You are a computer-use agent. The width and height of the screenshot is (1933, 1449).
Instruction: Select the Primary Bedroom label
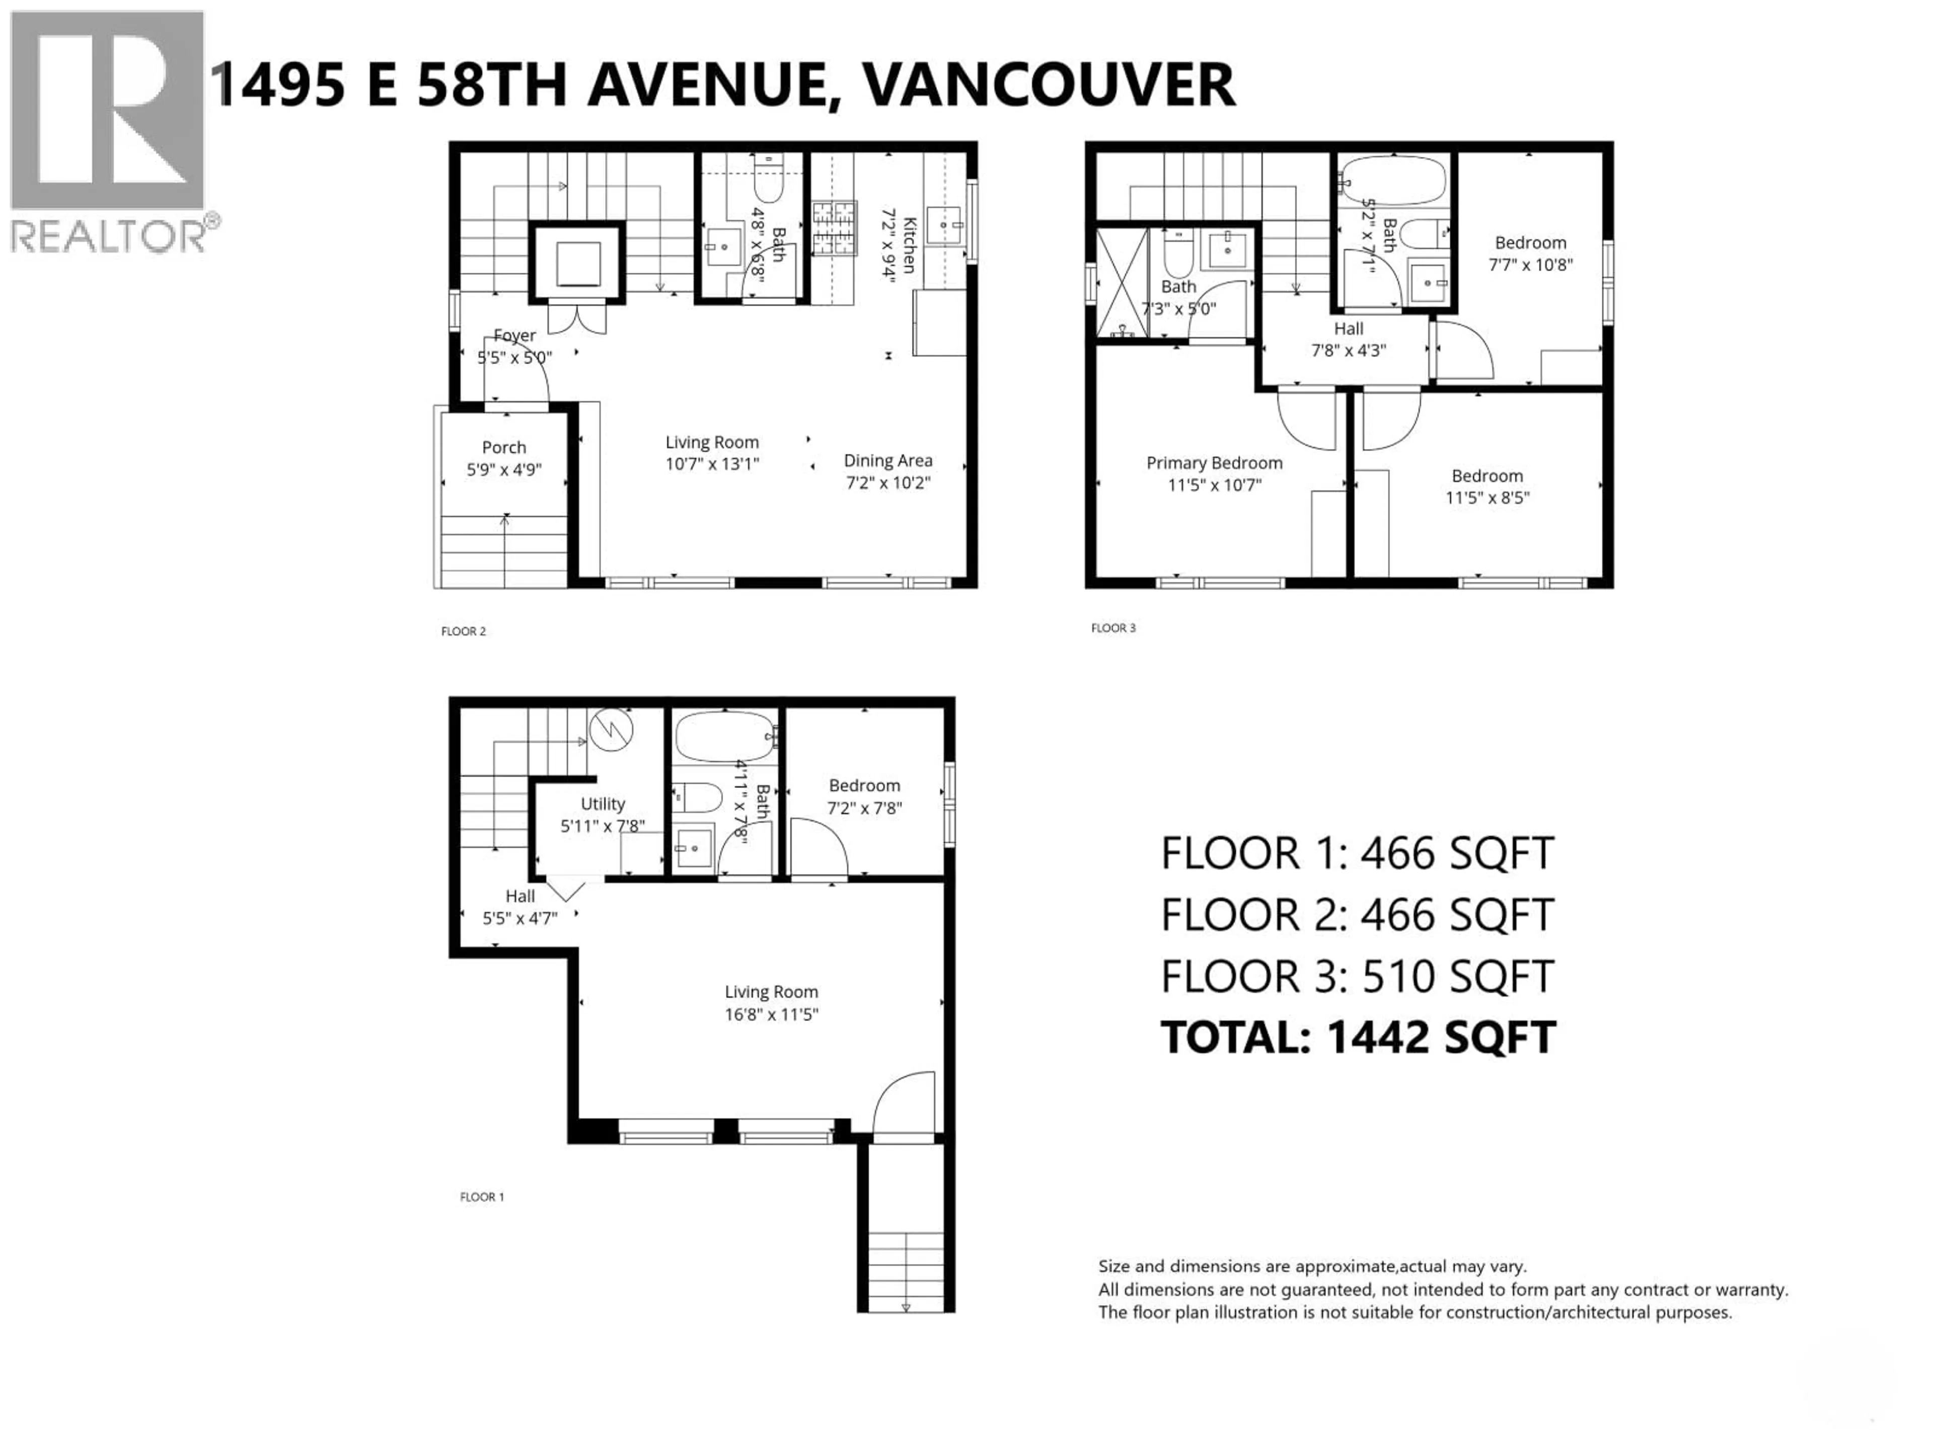tap(1214, 463)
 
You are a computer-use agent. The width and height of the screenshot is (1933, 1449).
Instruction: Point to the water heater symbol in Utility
tap(610, 730)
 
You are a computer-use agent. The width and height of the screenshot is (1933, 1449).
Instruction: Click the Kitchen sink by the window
tap(944, 225)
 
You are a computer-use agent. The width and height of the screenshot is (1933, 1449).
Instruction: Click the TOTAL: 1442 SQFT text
tap(1357, 1037)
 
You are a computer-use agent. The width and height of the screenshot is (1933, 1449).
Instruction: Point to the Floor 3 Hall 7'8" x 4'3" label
tap(1348, 340)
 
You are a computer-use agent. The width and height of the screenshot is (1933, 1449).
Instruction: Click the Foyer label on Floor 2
tap(514, 336)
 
